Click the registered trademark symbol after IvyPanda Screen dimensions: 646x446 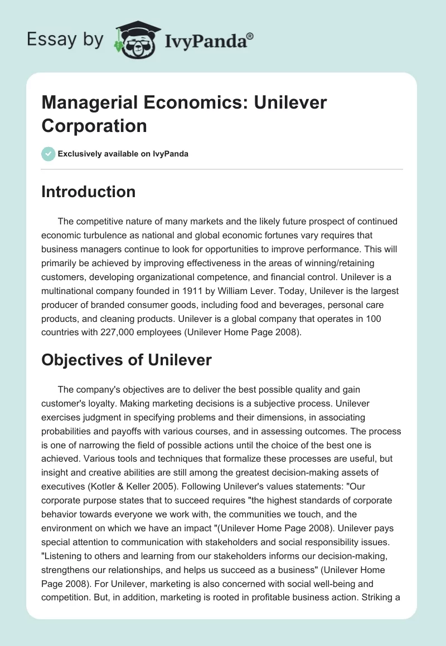coord(250,36)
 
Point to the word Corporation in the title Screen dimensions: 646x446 coord(94,125)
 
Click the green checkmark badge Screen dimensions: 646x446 coord(49,154)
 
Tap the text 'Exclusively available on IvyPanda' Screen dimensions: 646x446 coord(124,154)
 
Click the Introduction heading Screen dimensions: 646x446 coord(89,192)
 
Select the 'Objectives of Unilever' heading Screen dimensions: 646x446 coord(127,360)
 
